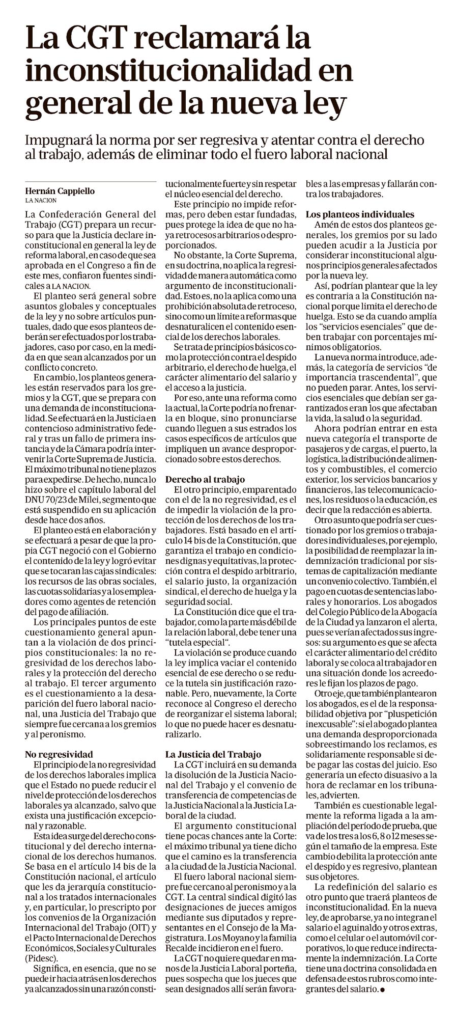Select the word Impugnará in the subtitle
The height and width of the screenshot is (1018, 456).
coord(60,141)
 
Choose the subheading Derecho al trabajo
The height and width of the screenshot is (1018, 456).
coord(205,479)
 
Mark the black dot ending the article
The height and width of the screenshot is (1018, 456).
coord(382,989)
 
